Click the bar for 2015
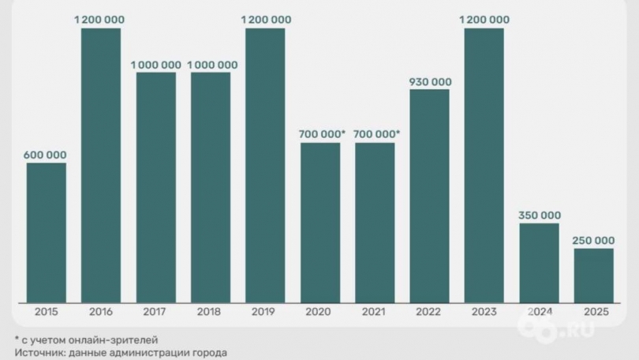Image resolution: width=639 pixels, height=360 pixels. click(47, 232)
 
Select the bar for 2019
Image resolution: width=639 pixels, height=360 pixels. click(265, 165)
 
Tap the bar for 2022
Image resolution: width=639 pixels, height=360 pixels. click(430, 195)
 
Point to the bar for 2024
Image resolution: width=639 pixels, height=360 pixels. click(540, 262)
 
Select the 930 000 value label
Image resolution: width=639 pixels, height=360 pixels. click(430, 81)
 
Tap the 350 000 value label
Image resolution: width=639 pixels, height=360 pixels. click(540, 216)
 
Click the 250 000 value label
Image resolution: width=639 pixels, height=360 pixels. click(594, 240)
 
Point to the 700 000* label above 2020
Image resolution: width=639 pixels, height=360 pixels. click(322, 135)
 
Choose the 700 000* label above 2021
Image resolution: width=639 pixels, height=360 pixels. click(376, 135)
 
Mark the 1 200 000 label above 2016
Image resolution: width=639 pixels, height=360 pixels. click(101, 20)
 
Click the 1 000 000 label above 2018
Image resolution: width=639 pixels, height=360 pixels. click(211, 65)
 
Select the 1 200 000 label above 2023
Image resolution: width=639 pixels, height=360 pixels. click(484, 20)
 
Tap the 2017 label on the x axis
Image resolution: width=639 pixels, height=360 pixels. click(155, 312)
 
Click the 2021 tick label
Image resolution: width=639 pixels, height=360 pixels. click(375, 312)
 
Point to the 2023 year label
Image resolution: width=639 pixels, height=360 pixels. click(484, 312)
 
